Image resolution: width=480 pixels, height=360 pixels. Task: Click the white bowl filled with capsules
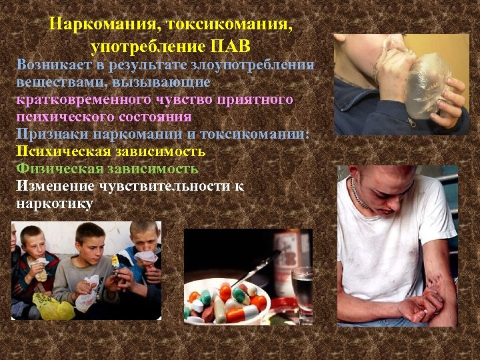click(x=227, y=303)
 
